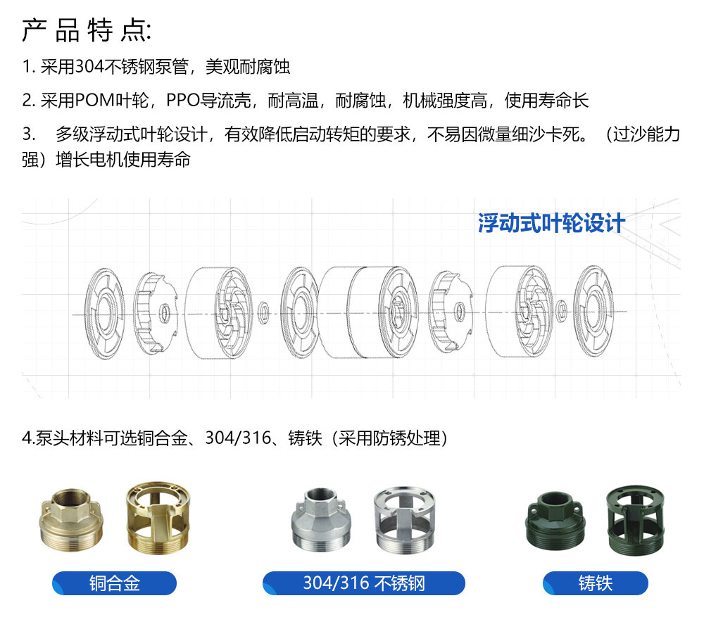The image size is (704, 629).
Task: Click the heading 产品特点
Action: [x=86, y=30]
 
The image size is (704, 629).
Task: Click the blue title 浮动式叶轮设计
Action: [x=551, y=223]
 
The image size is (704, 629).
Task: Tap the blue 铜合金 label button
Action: [x=115, y=583]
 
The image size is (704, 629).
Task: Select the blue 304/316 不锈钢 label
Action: [x=364, y=583]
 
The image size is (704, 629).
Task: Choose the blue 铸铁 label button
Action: [x=596, y=583]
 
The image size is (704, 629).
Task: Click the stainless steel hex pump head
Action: [x=322, y=520]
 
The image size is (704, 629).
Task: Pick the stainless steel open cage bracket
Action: [x=405, y=520]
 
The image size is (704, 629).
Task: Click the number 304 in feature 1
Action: [x=89, y=67]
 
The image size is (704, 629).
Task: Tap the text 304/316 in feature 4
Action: [x=238, y=438]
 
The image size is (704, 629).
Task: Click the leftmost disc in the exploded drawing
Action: [x=105, y=312]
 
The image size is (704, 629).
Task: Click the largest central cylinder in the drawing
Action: [x=368, y=312]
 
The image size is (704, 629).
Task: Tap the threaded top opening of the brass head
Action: [x=72, y=497]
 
